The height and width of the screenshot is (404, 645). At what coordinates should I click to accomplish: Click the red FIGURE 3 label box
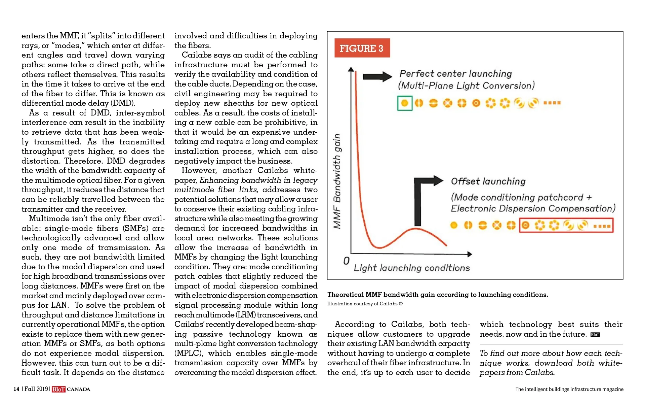coord(362,48)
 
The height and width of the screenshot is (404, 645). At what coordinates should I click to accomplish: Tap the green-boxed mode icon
coord(405,103)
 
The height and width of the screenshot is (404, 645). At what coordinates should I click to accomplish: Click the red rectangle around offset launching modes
coord(566,225)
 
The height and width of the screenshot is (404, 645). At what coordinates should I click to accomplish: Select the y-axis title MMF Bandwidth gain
coord(337,181)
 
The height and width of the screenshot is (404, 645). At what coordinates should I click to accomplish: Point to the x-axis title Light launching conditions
coord(411,268)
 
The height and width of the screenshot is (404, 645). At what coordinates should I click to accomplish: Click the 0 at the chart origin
coord(346,261)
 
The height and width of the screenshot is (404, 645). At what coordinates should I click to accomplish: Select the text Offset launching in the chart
coord(488,181)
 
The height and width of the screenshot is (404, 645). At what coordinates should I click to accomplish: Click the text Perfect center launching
coord(455,74)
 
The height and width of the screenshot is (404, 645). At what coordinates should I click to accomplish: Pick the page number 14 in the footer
coord(16,389)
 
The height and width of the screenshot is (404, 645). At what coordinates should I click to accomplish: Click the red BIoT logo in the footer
coord(58,389)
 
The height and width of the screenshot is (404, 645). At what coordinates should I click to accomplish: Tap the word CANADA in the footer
coord(79,389)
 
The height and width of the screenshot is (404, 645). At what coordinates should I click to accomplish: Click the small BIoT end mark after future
coord(595,335)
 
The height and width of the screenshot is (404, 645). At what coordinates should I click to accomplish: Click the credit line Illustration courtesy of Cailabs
coord(365,304)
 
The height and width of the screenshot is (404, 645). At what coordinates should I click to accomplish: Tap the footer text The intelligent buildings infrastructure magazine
coord(569,389)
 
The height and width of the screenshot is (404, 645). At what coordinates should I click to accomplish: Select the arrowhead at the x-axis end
coord(470,254)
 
